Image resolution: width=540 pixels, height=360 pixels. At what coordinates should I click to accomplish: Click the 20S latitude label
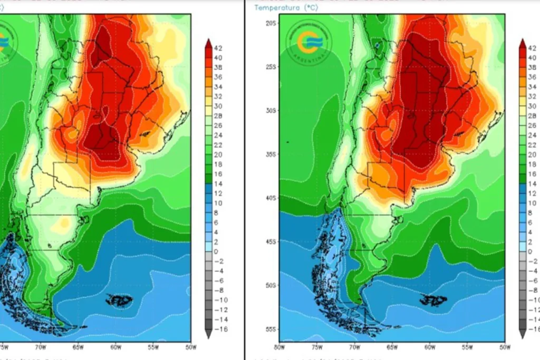pyautogui.click(x=271, y=23)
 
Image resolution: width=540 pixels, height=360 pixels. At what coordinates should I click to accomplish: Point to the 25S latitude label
pyautogui.click(x=271, y=67)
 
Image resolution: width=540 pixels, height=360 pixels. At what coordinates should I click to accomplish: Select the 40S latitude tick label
pyautogui.click(x=271, y=198)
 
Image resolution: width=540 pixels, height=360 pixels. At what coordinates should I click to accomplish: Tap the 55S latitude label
pyautogui.click(x=271, y=329)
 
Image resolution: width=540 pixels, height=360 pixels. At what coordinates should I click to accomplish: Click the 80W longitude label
pyautogui.click(x=279, y=347)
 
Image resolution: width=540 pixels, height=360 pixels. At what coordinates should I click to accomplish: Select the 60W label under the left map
pyautogui.click(x=115, y=347)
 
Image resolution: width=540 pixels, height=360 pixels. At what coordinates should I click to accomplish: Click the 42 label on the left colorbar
pyautogui.click(x=218, y=48)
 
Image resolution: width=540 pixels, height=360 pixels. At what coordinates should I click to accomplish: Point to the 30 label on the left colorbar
pyautogui.click(x=218, y=106)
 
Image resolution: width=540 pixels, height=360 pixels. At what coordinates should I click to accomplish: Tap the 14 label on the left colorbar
pyautogui.click(x=218, y=183)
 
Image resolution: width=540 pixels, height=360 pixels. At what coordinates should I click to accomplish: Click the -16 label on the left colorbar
pyautogui.click(x=219, y=329)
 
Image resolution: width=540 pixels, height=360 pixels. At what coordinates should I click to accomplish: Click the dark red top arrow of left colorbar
pyautogui.click(x=208, y=43)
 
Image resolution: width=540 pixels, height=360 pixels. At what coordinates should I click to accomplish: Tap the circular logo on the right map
pyautogui.click(x=308, y=43)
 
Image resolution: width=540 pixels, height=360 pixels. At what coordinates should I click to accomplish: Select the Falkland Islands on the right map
pyautogui.click(x=433, y=300)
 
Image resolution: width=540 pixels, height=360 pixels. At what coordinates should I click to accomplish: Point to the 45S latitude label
pyautogui.click(x=271, y=242)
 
